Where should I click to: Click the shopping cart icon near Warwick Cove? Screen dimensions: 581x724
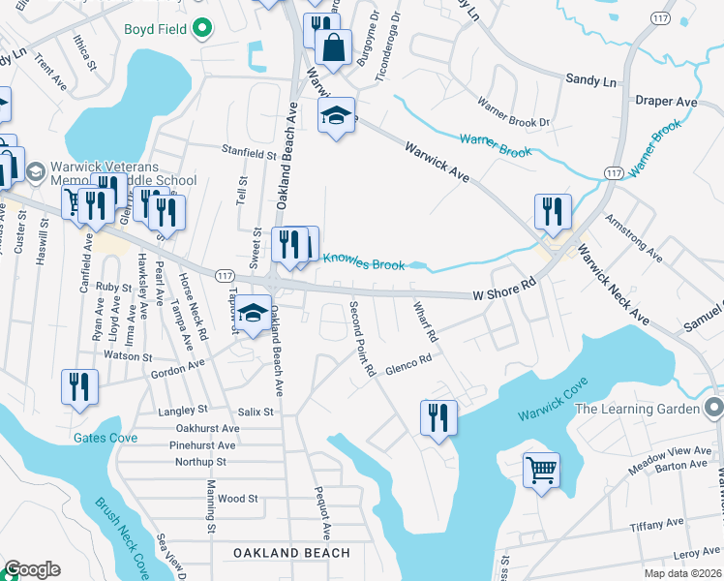pyautogui.click(x=542, y=471)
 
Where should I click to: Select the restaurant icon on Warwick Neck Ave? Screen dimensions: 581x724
pyautogui.click(x=552, y=212)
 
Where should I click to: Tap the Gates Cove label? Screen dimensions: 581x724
pyautogui.click(x=106, y=438)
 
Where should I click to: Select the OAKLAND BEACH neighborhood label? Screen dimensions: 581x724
pyautogui.click(x=291, y=553)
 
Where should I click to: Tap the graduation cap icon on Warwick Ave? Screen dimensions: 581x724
pyautogui.click(x=336, y=115)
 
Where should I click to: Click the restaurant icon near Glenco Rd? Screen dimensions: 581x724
pyautogui.click(x=438, y=418)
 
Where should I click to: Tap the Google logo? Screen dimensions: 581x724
pyautogui.click(x=31, y=569)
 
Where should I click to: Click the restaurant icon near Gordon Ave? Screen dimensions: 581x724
pyautogui.click(x=79, y=386)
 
